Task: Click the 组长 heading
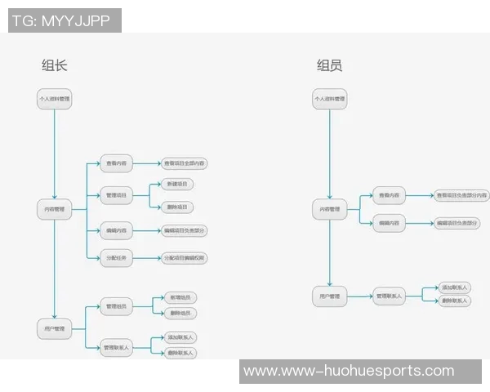point(54,66)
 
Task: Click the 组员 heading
point(330,66)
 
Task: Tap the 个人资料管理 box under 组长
point(55,100)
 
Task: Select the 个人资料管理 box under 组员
point(330,100)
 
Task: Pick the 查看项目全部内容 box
point(184,163)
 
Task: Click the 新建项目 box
point(177,185)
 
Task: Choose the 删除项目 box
point(177,207)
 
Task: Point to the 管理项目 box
point(116,196)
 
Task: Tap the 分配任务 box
point(116,258)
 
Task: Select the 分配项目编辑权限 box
point(185,258)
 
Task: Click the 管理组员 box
point(116,307)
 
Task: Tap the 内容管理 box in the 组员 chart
point(330,210)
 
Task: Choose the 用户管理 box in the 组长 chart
point(55,329)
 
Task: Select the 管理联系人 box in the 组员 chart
point(391,295)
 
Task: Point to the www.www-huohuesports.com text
point(348,372)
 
